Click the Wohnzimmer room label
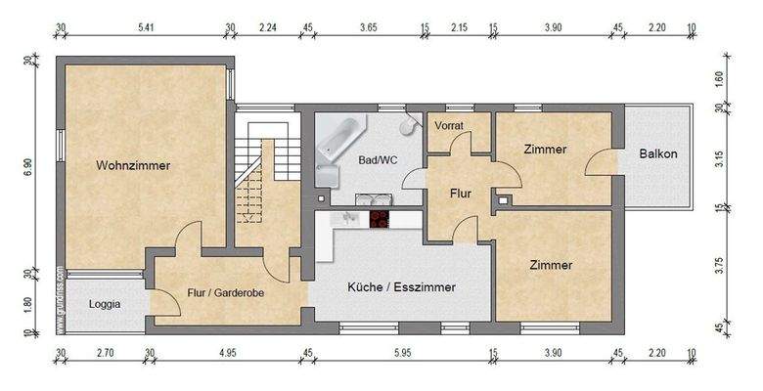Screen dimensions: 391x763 [133, 166]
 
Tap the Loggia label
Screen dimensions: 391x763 [105, 304]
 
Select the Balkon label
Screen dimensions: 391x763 [658, 153]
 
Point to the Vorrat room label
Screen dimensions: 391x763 [449, 126]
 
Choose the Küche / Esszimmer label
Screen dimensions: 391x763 [402, 286]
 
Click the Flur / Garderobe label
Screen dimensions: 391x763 [224, 291]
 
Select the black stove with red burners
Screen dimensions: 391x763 [377, 220]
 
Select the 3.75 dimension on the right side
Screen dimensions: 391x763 [722, 266]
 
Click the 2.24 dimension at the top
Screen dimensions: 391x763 [266, 29]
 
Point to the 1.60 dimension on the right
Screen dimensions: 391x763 [722, 80]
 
